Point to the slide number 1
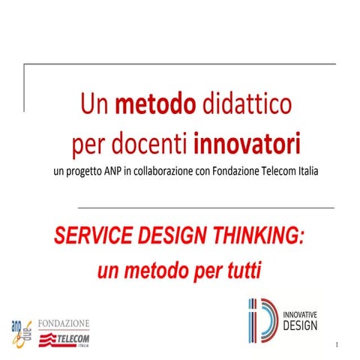(x=339, y=344)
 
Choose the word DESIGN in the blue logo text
(x=300, y=325)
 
